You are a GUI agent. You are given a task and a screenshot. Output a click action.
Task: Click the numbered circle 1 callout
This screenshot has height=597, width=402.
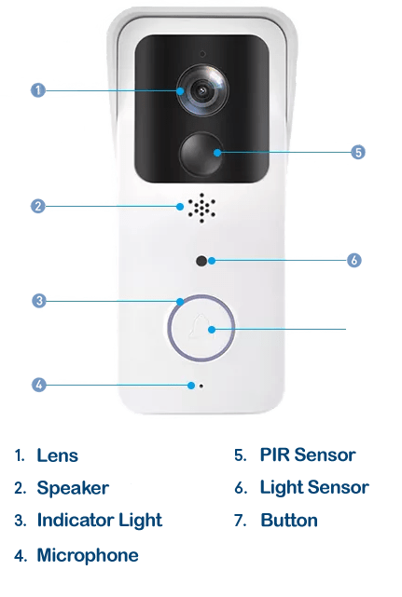[x=37, y=90]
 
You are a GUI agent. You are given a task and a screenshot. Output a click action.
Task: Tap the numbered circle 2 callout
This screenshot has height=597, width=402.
[x=37, y=207]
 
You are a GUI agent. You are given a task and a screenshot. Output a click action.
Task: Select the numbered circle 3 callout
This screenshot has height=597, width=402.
[x=39, y=301]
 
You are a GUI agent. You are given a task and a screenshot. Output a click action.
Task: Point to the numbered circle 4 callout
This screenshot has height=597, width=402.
[x=38, y=385]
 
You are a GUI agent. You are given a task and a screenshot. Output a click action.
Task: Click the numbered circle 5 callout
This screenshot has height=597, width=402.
[x=358, y=153]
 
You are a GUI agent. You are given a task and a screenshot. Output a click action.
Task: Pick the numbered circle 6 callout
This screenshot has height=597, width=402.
[x=353, y=261]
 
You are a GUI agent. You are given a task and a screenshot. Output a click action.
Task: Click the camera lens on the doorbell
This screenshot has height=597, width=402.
[x=202, y=90]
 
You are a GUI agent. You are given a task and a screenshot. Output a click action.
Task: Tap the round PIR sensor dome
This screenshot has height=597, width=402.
[x=201, y=154]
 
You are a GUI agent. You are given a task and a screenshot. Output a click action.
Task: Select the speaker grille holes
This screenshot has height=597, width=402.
[x=201, y=208]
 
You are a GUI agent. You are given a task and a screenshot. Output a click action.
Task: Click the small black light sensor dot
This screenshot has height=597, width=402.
[x=201, y=261]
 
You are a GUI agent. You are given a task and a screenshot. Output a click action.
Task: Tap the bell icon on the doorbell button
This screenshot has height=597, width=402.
[x=198, y=327]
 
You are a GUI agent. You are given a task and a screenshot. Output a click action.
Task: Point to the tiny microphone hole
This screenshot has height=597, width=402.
[x=201, y=387]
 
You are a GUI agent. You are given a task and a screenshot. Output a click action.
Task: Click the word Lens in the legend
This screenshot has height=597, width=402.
[x=58, y=455]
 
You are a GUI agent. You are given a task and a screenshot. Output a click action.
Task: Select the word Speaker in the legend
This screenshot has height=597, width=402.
[x=73, y=488]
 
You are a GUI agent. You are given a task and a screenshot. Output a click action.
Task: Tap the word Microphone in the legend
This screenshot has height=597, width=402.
[x=88, y=555]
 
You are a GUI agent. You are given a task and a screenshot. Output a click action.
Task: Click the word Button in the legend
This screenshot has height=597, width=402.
[x=289, y=520]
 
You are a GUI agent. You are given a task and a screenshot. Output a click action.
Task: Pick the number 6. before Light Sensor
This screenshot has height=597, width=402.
[x=241, y=488]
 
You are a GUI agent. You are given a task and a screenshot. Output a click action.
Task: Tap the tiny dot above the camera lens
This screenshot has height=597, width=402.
[x=202, y=54]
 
